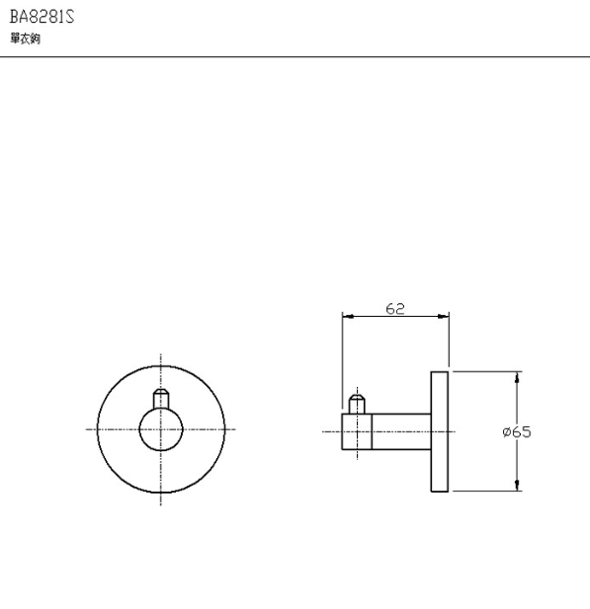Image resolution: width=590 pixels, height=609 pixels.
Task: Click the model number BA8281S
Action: pyautogui.click(x=42, y=17)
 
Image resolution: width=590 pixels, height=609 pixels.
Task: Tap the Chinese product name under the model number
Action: pyautogui.click(x=26, y=38)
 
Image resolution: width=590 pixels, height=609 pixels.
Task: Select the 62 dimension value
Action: pyautogui.click(x=395, y=309)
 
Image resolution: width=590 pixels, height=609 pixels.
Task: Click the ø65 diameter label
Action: pyautogui.click(x=517, y=432)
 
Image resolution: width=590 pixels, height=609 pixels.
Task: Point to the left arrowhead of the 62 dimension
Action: pyautogui.click(x=348, y=317)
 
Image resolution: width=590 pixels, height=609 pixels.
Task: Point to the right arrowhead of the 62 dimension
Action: pyautogui.click(x=443, y=317)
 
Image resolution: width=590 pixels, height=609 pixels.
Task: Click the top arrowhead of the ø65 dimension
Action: pyautogui.click(x=517, y=377)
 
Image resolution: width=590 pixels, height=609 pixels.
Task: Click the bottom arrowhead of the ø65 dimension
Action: pyautogui.click(x=517, y=485)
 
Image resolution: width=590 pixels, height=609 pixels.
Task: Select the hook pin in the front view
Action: pyautogui.click(x=161, y=398)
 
